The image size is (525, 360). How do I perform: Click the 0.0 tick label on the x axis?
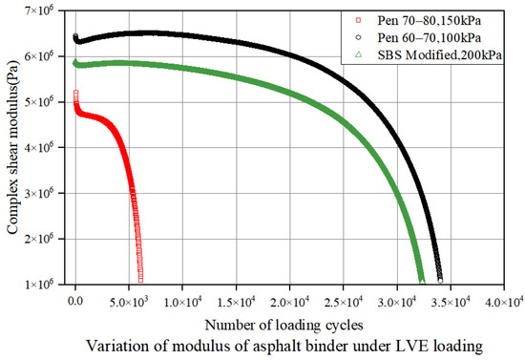[76, 299]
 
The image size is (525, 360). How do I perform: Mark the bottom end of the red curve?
[141, 280]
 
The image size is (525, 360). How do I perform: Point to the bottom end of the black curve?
[440, 280]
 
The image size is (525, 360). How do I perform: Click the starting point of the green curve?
[76, 63]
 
